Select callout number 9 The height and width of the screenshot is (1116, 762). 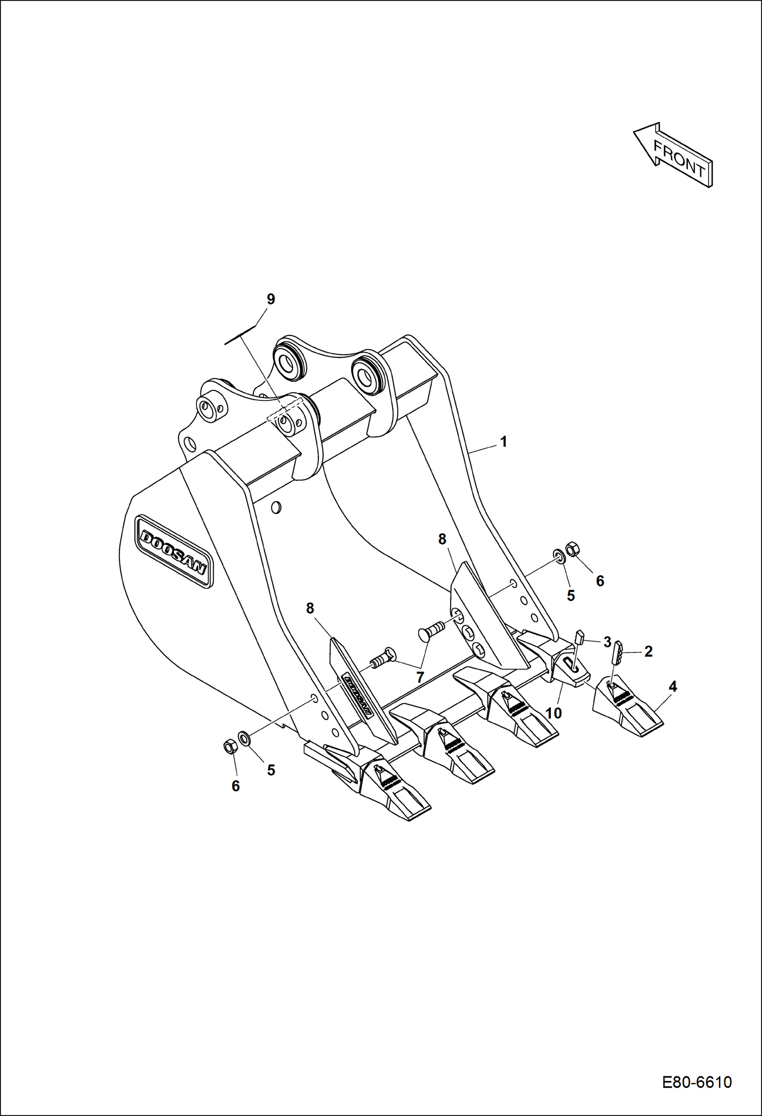[271, 299]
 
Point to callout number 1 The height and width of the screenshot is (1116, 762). [503, 442]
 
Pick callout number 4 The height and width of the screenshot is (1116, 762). [672, 686]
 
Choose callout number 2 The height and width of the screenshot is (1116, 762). [648, 651]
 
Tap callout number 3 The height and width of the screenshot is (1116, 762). [607, 642]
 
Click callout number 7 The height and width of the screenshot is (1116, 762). [420, 677]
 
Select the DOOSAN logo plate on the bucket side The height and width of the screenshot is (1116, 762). [174, 552]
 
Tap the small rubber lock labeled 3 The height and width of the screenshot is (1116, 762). [579, 637]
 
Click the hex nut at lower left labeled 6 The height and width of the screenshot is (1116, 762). [229, 747]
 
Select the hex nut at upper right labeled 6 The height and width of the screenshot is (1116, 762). [571, 549]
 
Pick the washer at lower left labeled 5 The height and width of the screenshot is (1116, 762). [244, 737]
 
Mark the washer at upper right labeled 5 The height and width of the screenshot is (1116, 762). [558, 556]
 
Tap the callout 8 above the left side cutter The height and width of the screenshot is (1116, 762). [310, 608]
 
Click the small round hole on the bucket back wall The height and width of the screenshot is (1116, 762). [276, 507]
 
